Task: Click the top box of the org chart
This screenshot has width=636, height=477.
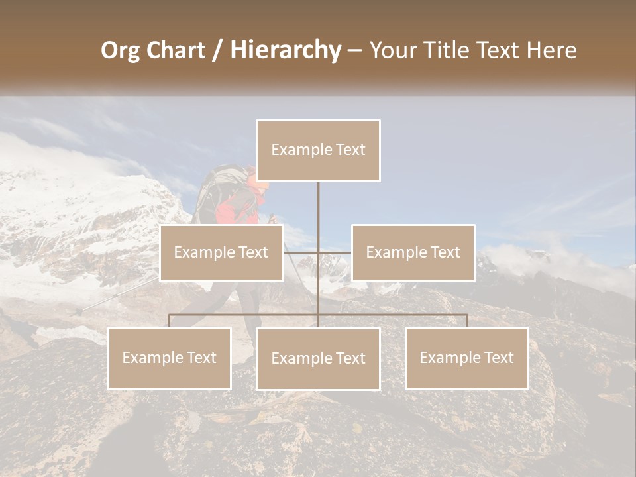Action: coord(318,150)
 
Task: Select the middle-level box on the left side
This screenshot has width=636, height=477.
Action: coord(221,252)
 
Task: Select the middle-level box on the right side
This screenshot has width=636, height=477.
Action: coord(413,252)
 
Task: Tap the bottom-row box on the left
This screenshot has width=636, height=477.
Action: coord(170,358)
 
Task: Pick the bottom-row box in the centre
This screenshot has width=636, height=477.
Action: coord(318,358)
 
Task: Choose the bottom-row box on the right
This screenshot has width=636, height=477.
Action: coord(466,358)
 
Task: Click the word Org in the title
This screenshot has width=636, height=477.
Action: coord(121,51)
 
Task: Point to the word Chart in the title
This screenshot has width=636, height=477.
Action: coord(177,50)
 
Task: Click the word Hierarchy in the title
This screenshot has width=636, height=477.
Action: coord(286,50)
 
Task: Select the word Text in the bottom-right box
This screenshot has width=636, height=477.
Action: coord(498,358)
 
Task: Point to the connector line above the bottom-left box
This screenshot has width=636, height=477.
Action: coord(170,321)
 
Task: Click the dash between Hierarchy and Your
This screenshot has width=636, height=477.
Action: coord(354,51)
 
